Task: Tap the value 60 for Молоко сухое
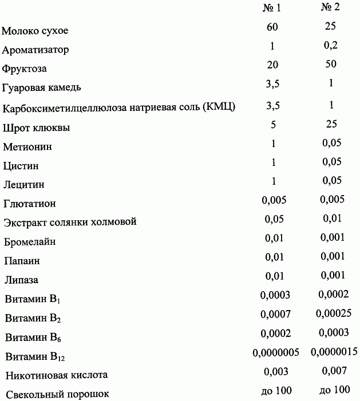click(272, 26)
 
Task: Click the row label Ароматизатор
click(35, 50)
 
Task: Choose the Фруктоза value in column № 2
click(331, 65)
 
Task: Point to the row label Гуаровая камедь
click(42, 88)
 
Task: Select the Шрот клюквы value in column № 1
click(273, 124)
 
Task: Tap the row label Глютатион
click(29, 204)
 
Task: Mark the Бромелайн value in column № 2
click(333, 237)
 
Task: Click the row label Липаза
click(21, 280)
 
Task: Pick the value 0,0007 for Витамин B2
click(275, 314)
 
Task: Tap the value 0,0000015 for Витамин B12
click(335, 352)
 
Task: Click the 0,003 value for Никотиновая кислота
click(276, 371)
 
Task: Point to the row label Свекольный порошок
click(56, 394)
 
